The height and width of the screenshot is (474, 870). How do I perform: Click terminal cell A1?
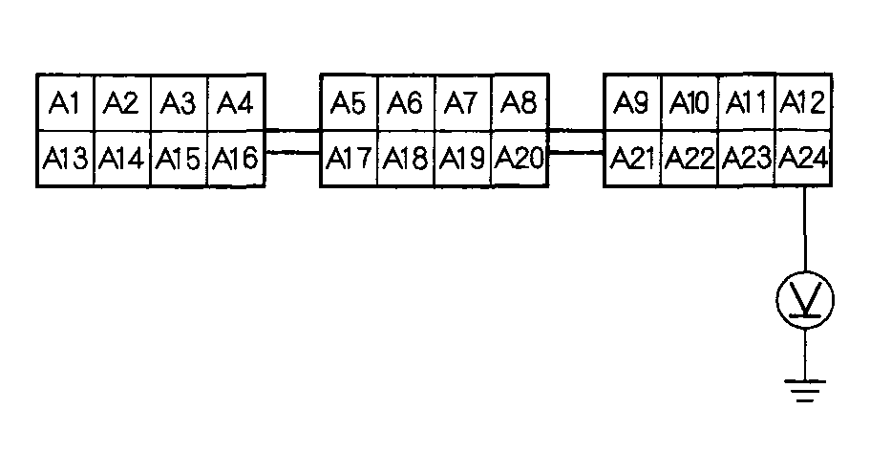[x=65, y=102]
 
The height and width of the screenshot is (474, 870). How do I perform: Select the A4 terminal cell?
[x=235, y=102]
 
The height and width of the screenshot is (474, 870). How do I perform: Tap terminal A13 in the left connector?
[x=65, y=159]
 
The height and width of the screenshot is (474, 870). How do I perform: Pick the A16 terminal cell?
[x=235, y=159]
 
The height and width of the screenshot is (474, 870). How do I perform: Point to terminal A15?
[x=179, y=159]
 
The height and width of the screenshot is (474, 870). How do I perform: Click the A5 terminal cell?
[x=349, y=102]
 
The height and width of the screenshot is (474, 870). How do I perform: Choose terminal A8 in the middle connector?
[x=519, y=102]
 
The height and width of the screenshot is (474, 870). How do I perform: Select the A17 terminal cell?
[x=349, y=159]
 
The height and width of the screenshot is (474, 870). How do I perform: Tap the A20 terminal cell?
[x=519, y=159]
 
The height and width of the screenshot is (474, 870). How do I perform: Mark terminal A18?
[x=406, y=159]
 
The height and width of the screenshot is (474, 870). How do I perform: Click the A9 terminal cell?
[x=632, y=102]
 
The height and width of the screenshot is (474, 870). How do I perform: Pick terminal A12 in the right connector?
[x=802, y=102]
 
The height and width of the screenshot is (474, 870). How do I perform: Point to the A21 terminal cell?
[x=632, y=159]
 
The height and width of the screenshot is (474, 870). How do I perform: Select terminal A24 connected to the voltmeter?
[x=802, y=159]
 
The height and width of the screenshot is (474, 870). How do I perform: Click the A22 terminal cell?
[x=690, y=159]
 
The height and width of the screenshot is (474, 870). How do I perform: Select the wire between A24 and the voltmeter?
[x=805, y=229]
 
